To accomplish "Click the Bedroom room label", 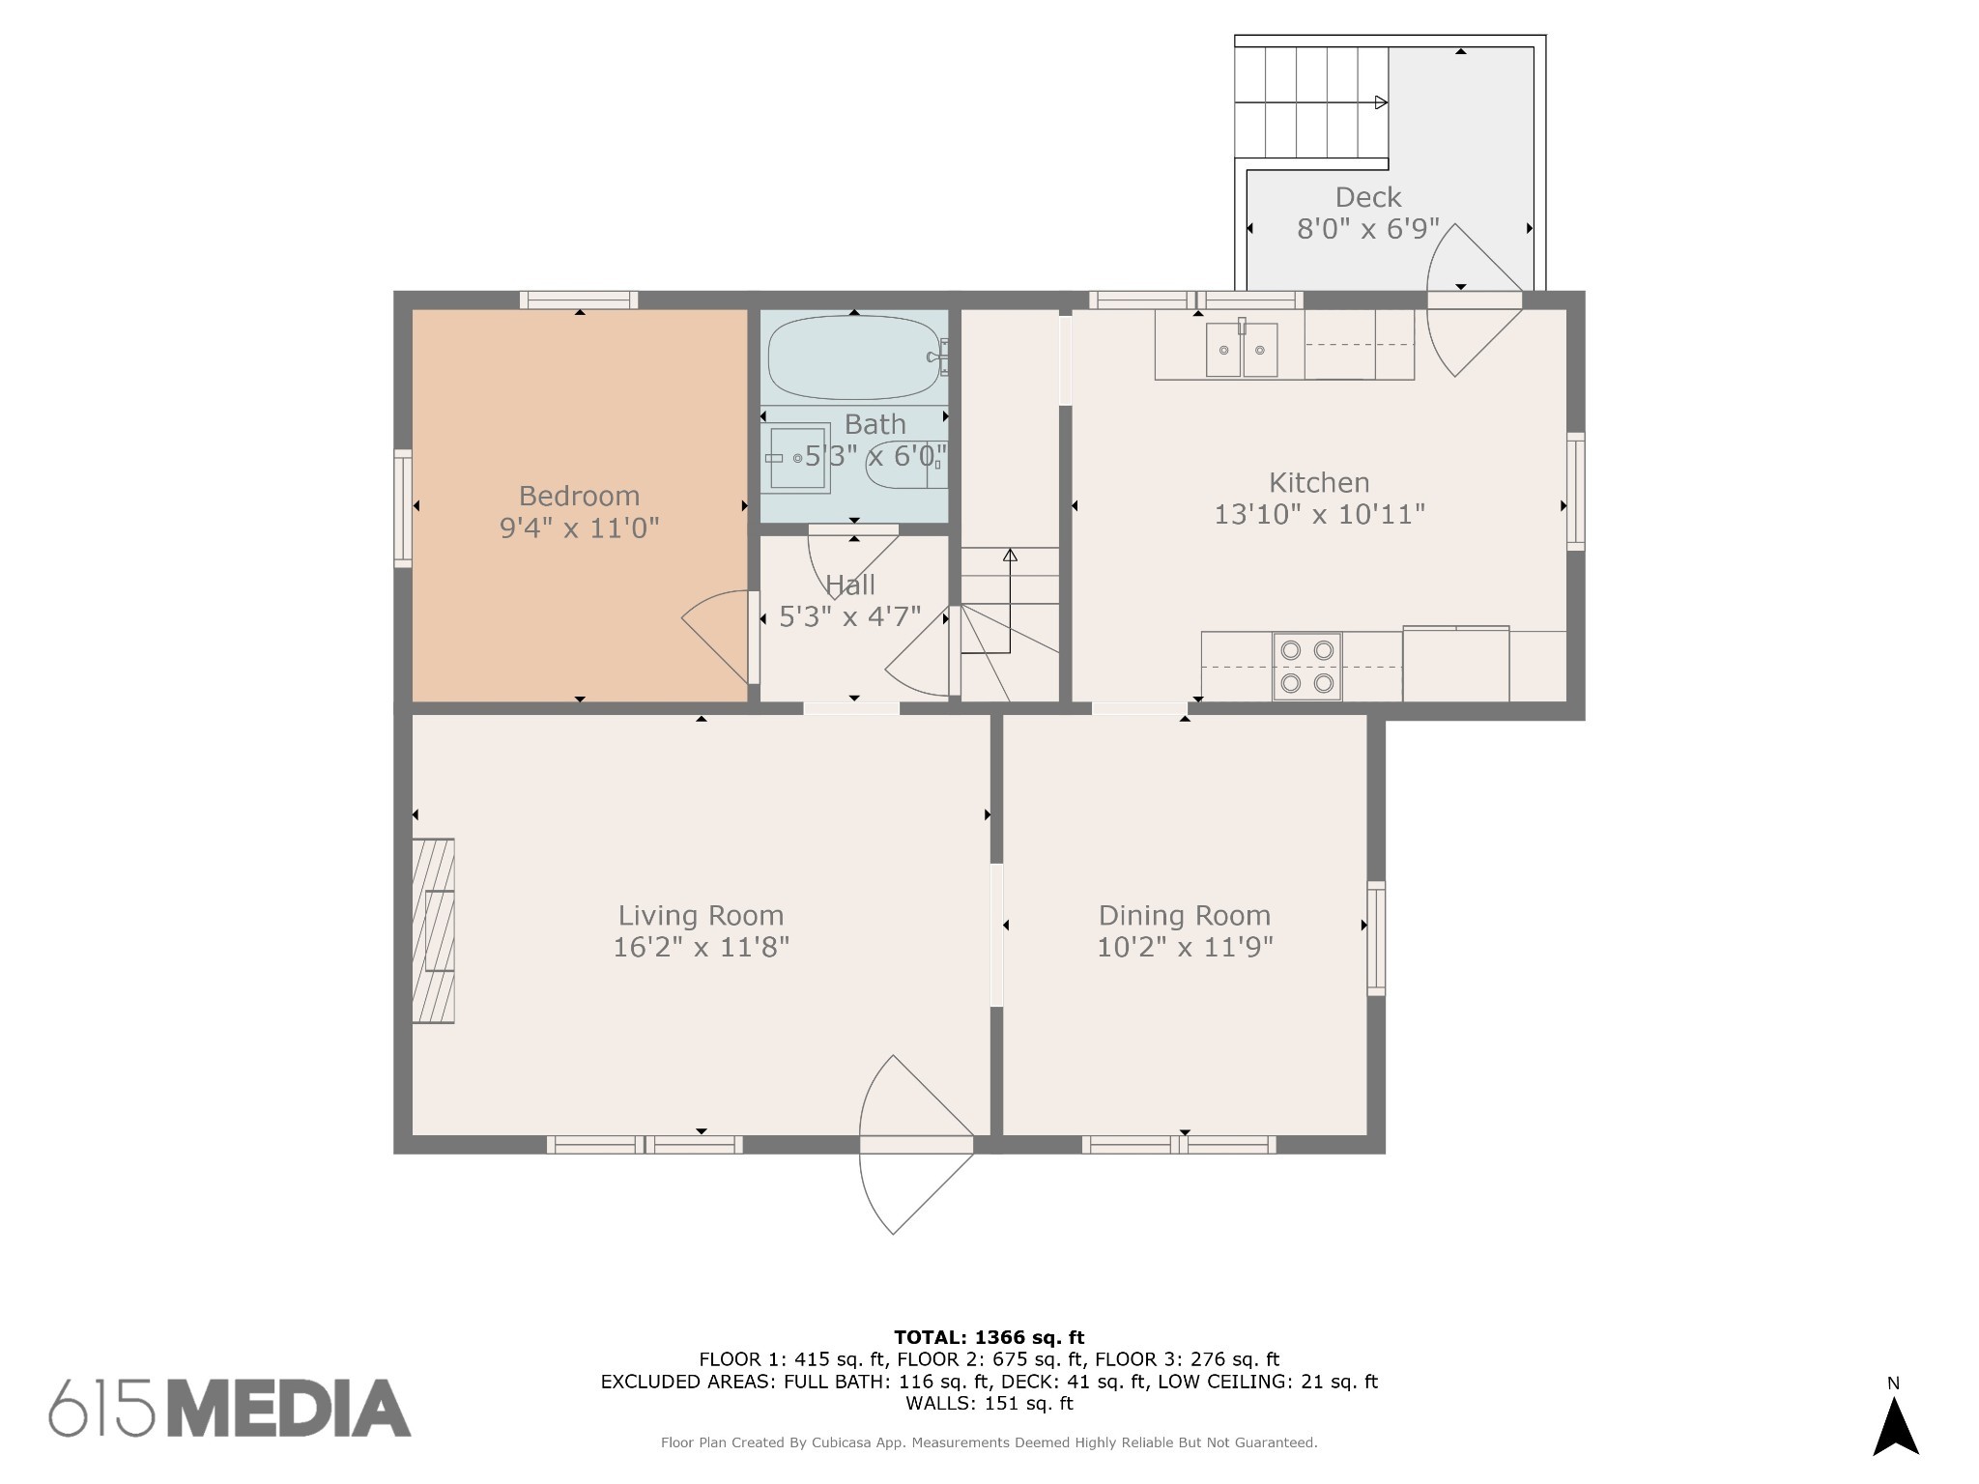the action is pyautogui.click(x=579, y=496).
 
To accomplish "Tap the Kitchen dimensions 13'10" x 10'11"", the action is pyautogui.click(x=1319, y=514).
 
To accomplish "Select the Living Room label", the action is pyautogui.click(x=701, y=916).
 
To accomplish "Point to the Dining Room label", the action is pyautogui.click(x=1185, y=916).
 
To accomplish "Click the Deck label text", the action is pyautogui.click(x=1368, y=197).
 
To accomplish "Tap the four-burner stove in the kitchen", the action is pyautogui.click(x=1306, y=667).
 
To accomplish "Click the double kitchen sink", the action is pyautogui.click(x=1242, y=349).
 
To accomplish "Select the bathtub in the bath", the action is pyautogui.click(x=854, y=357).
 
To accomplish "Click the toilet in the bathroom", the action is pyautogui.click(x=906, y=465).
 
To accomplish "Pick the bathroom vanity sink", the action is pyautogui.click(x=795, y=458).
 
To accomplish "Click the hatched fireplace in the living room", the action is pyautogui.click(x=433, y=930).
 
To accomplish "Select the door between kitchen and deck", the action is pyautogui.click(x=1475, y=300).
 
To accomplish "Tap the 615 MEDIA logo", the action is pyautogui.click(x=230, y=1407).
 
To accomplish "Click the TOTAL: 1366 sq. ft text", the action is pyautogui.click(x=989, y=1337).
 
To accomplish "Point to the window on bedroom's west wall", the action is pyautogui.click(x=403, y=508).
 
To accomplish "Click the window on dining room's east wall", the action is pyautogui.click(x=1376, y=938).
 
